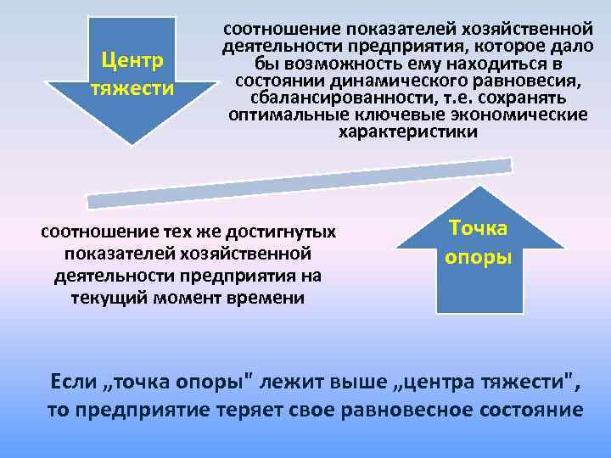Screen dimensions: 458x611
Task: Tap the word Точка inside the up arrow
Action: [x=478, y=228]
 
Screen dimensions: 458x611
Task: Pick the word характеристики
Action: [x=408, y=132]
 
